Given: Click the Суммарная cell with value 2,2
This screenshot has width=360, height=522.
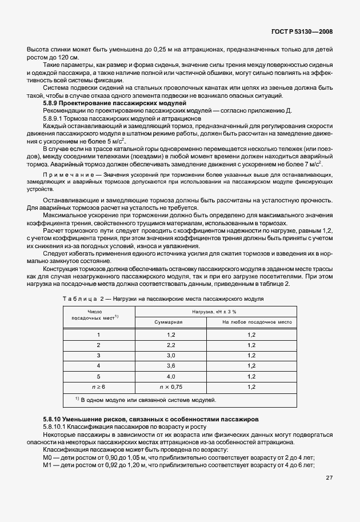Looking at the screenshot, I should (170, 345).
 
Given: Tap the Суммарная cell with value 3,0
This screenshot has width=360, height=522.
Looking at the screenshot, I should (170, 355).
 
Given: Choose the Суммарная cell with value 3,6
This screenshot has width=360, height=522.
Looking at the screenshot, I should (170, 366).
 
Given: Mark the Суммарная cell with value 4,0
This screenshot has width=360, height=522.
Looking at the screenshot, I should (170, 377).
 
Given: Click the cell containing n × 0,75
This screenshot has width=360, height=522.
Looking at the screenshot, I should (170, 387).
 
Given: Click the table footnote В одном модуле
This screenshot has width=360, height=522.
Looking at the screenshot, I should (146, 399).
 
